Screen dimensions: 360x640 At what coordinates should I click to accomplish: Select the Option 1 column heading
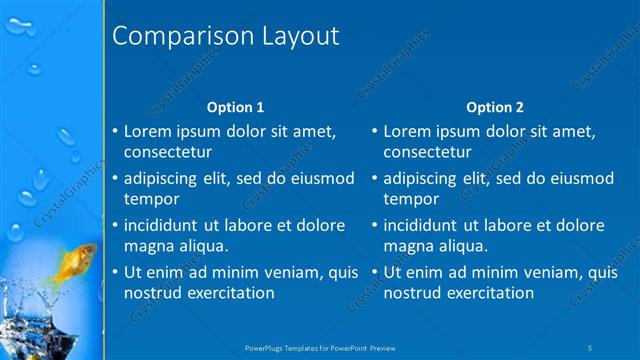(235, 107)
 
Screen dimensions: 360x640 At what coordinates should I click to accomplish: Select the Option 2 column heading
(495, 107)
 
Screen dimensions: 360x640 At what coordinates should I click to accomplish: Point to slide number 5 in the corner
(590, 347)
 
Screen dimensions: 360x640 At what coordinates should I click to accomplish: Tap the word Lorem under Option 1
(147, 131)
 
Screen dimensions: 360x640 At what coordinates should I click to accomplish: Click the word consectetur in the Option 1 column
(167, 152)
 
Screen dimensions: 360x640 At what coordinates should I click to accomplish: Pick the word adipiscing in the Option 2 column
(419, 178)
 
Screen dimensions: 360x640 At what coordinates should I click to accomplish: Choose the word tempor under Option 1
(149, 199)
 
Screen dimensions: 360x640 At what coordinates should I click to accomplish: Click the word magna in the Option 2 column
(407, 246)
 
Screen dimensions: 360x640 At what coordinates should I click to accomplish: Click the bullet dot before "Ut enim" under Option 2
(374, 272)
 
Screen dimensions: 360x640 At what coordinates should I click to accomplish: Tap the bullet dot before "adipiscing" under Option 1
(114, 178)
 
